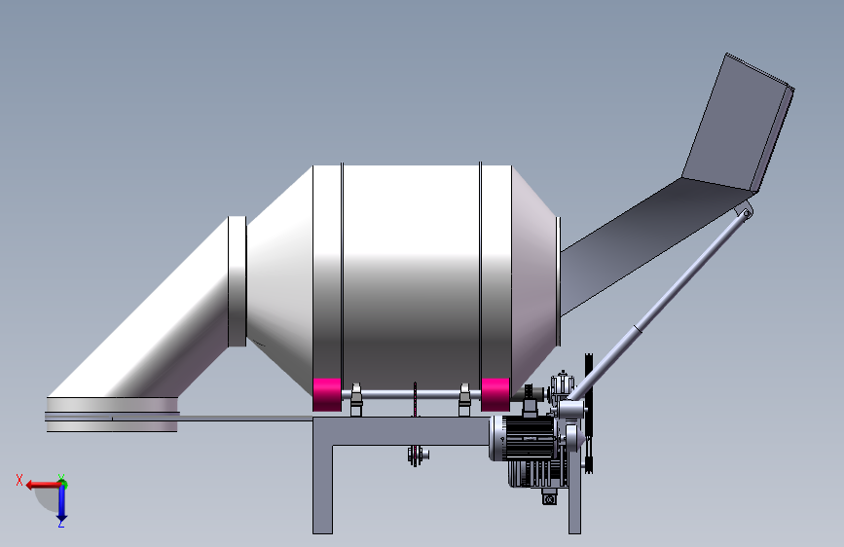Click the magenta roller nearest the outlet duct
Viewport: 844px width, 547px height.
327,394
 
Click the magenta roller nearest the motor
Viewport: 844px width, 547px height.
495,394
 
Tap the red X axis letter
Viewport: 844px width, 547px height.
19,480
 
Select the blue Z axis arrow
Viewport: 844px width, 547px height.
61,503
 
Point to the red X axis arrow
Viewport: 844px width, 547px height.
44,485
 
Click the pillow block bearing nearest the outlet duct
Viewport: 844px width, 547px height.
355,400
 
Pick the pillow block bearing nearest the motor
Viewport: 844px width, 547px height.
464,400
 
